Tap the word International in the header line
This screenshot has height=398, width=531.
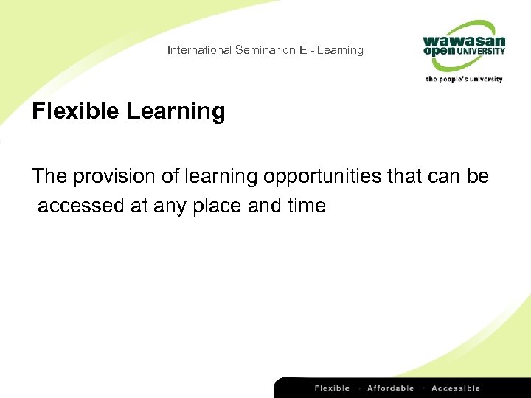pos(199,50)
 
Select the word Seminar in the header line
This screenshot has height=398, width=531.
pos(255,50)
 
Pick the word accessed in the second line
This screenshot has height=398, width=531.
pos(81,206)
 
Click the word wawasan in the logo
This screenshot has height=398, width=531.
pos(464,41)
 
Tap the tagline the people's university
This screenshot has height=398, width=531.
pos(464,78)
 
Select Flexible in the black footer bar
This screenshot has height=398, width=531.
pos(332,388)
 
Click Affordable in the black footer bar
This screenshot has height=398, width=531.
pos(390,388)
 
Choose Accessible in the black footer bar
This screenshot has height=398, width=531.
pos(456,388)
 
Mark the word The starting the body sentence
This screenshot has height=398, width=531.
pos(49,177)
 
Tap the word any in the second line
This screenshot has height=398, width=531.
pos(171,206)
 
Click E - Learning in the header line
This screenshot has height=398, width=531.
pos(331,50)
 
